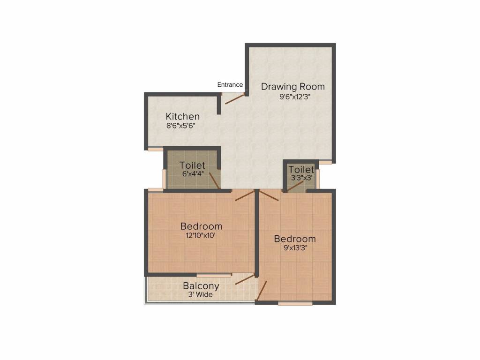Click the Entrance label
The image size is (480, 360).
click(230, 85)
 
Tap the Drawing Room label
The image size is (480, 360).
click(292, 87)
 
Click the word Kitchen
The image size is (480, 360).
click(183, 116)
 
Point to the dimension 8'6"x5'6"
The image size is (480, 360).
click(180, 126)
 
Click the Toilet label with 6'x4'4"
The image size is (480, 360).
click(193, 165)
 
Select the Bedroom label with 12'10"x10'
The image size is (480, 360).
click(201, 226)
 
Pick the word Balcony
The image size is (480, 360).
click(201, 286)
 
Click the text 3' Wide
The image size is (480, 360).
click(201, 295)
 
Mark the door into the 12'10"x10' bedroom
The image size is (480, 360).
click(245, 196)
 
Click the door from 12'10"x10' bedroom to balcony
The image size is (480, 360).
click(245, 279)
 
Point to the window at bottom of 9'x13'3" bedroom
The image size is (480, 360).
click(295, 303)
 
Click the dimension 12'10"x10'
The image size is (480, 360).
click(201, 236)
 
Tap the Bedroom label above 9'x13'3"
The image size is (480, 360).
click(295, 239)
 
